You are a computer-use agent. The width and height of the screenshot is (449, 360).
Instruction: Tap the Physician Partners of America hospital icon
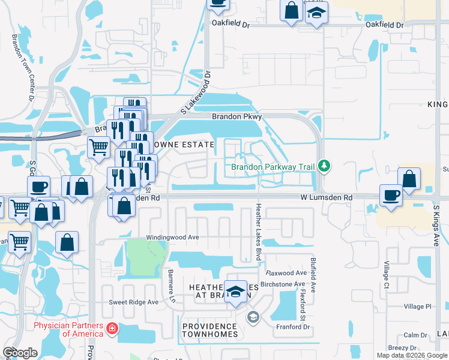pos(112,329)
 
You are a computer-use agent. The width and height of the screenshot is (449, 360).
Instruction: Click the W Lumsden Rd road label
pos(326,197)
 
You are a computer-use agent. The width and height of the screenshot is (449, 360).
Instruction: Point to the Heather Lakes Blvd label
pos(259,231)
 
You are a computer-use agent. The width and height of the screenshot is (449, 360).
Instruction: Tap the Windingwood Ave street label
pos(176,238)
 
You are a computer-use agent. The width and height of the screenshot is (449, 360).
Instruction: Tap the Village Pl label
pos(417,307)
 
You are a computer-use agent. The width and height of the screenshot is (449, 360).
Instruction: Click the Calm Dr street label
pos(415,335)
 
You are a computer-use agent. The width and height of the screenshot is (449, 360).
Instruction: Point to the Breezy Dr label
pos(402,347)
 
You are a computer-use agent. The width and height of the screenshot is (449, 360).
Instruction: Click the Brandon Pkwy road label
pos(234,117)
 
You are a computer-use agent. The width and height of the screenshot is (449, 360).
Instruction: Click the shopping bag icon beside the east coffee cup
pos(409,179)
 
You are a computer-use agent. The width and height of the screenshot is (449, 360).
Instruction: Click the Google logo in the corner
pos(20,352)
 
